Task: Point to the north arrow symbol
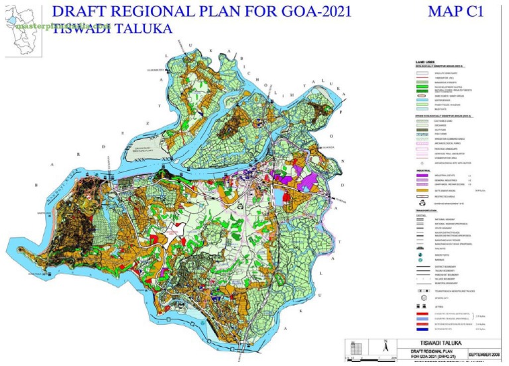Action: pyautogui.click(x=367, y=345)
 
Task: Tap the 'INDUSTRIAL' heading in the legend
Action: pyautogui.click(x=416, y=168)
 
